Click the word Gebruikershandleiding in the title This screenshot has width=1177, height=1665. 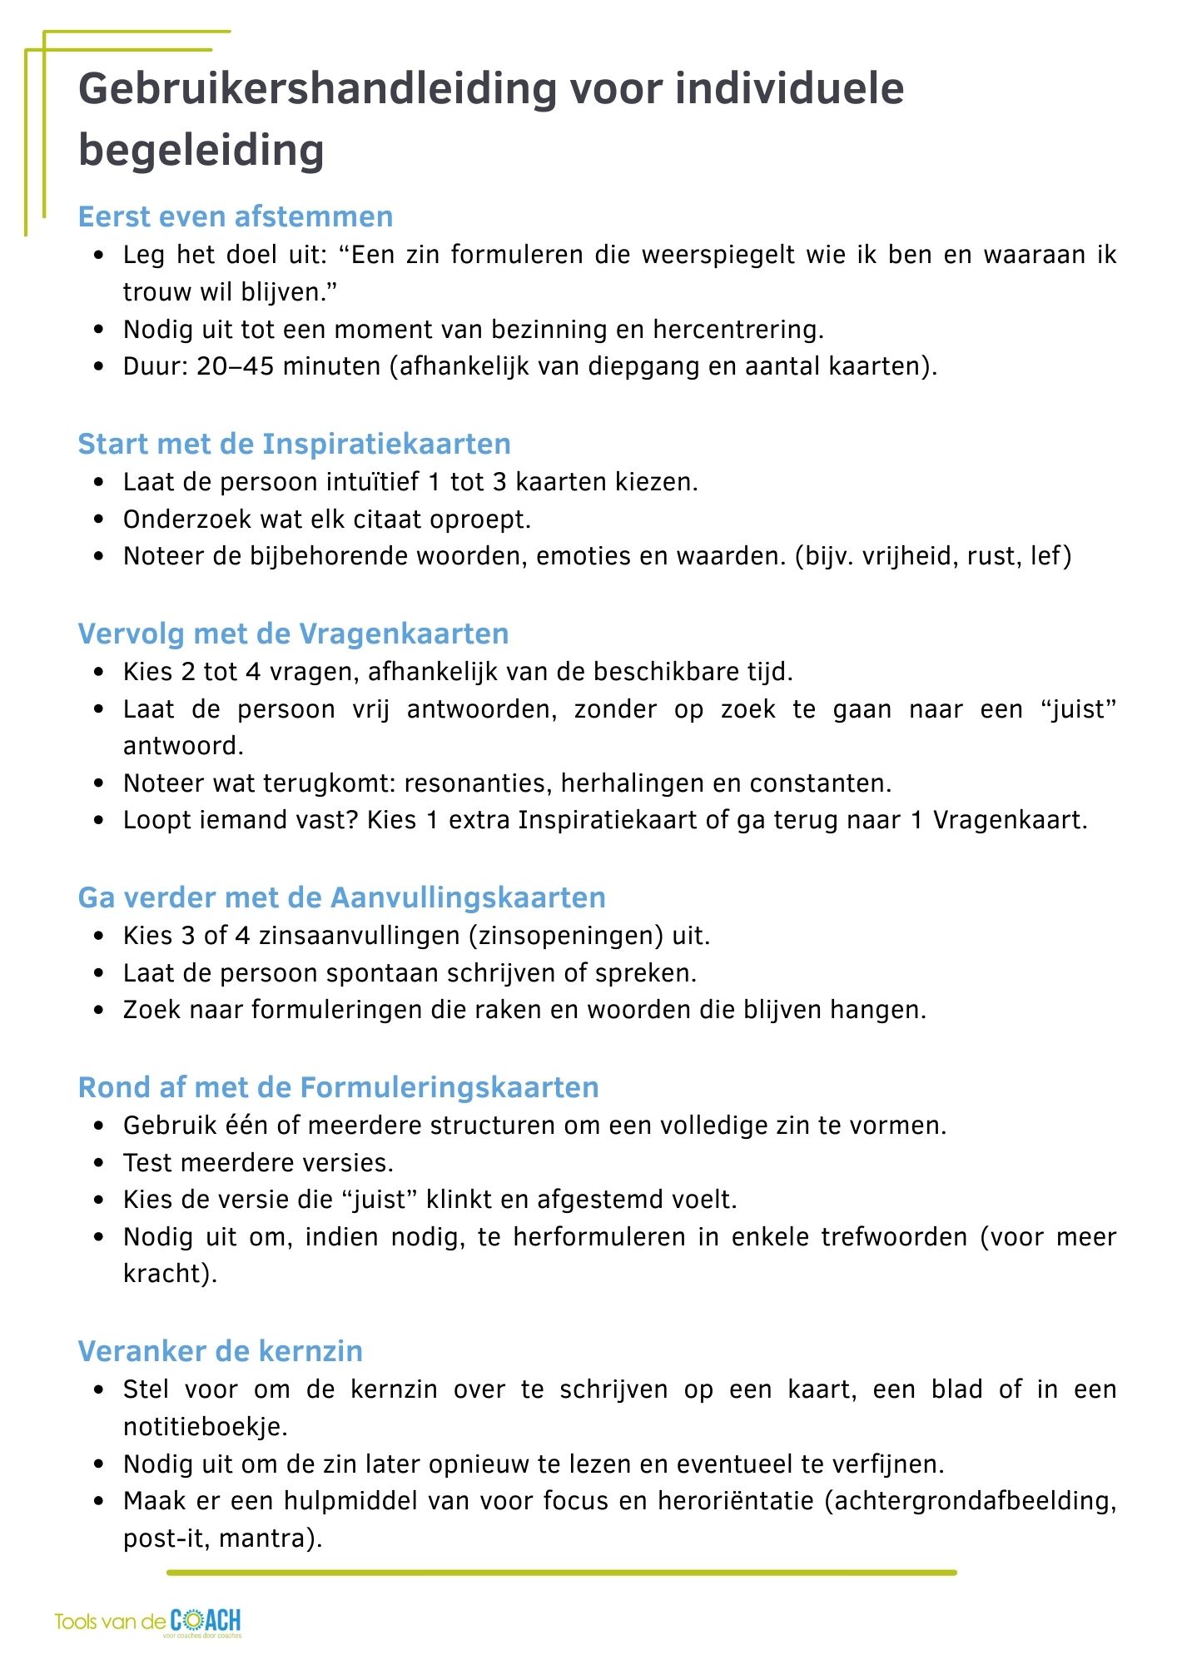(x=317, y=89)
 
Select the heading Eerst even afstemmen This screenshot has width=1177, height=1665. (x=236, y=216)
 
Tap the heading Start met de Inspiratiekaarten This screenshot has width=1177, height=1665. (x=294, y=444)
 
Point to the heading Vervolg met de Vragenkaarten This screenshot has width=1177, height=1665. (x=293, y=634)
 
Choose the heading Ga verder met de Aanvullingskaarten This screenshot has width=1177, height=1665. (x=341, y=897)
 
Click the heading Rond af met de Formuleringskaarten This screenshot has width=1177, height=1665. (x=338, y=1087)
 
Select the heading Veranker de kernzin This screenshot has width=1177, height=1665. (x=221, y=1350)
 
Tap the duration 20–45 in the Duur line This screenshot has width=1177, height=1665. (x=236, y=366)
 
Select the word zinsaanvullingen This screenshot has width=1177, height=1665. (x=358, y=936)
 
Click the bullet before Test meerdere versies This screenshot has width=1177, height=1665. (x=100, y=1163)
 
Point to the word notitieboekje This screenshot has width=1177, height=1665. (x=205, y=1427)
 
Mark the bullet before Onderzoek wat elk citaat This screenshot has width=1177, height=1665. (x=100, y=519)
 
